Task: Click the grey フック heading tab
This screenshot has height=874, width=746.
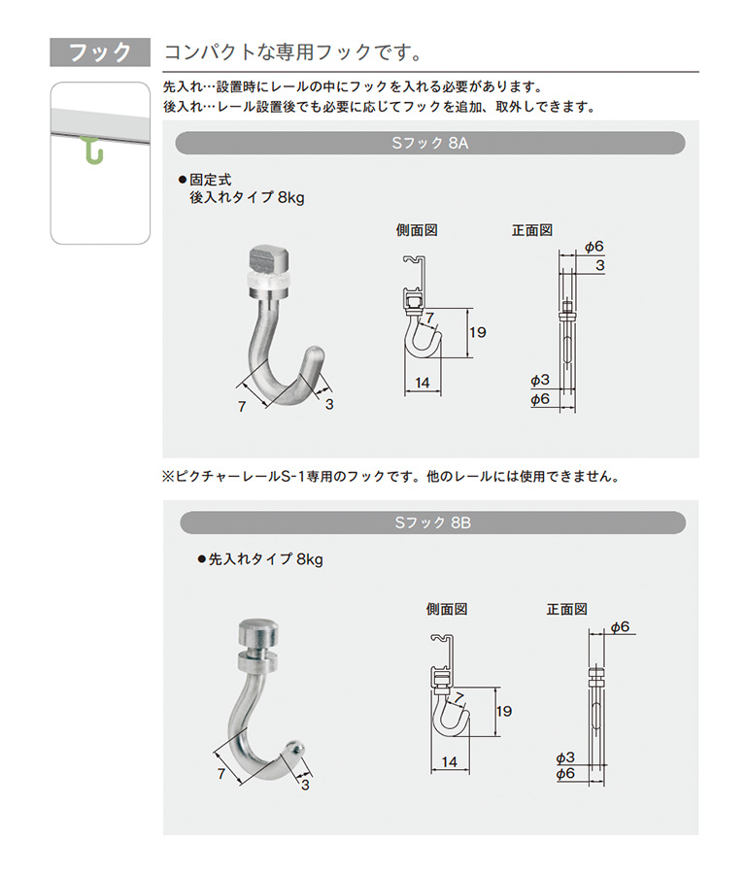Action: click(100, 52)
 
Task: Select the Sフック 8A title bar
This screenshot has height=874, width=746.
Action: click(430, 144)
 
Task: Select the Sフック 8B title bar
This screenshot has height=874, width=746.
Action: click(432, 522)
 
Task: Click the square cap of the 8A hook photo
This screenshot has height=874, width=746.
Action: click(269, 258)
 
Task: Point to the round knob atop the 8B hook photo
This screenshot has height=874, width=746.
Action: click(258, 632)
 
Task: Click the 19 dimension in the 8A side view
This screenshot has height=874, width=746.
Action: click(477, 333)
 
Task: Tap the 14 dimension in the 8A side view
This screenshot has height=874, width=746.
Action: click(423, 383)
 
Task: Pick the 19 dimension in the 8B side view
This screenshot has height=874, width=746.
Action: click(503, 712)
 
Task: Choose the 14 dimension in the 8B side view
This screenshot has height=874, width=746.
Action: click(449, 762)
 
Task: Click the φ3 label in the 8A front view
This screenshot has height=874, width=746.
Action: click(540, 380)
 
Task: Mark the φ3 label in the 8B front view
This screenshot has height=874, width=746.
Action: click(564, 758)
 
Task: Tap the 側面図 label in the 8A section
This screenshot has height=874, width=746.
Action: click(417, 230)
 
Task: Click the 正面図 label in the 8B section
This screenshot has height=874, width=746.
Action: click(567, 609)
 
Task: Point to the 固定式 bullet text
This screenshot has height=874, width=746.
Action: click(210, 180)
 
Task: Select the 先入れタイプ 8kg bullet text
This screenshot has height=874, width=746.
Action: click(265, 559)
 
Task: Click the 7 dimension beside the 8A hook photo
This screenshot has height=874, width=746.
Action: click(242, 407)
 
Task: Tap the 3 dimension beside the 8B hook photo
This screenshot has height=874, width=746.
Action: click(305, 785)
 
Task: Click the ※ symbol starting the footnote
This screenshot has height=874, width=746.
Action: click(168, 477)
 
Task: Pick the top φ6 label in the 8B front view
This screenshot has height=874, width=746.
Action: click(620, 627)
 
